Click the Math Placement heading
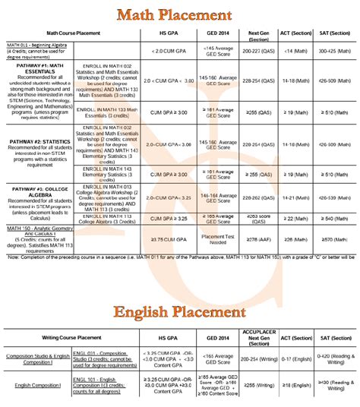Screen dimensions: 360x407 point(179,14)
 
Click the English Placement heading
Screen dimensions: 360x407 point(179,312)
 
